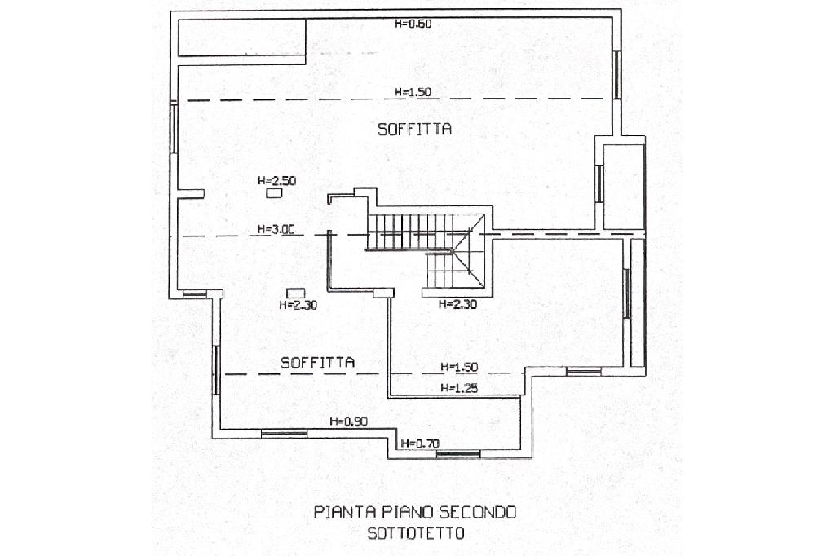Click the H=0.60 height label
(x=413, y=24)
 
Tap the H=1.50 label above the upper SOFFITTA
(x=413, y=91)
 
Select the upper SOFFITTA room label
(x=415, y=129)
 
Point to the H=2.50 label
(x=277, y=180)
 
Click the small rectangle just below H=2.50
(x=274, y=193)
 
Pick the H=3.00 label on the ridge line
(x=276, y=230)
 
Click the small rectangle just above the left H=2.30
(x=295, y=293)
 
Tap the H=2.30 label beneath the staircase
(x=457, y=305)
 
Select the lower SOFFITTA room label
(x=317, y=363)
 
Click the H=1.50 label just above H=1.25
(x=459, y=367)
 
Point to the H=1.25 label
(x=459, y=388)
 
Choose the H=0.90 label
(x=349, y=421)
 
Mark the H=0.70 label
(x=420, y=443)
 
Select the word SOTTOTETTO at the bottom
(x=416, y=533)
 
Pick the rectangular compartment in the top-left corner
(x=241, y=38)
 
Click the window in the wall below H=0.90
(x=285, y=434)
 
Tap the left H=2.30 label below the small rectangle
(x=298, y=305)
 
